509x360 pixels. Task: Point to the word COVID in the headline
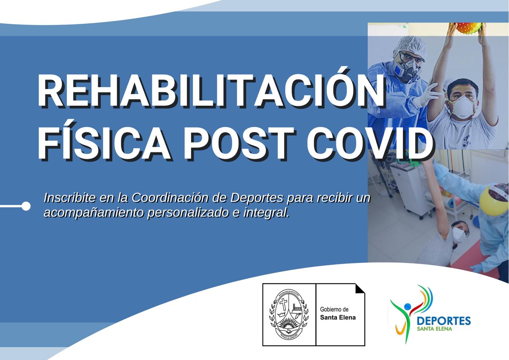(x=370, y=142)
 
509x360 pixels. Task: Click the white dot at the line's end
(x=26, y=206)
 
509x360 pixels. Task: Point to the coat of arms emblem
(x=289, y=314)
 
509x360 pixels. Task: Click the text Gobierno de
(x=334, y=309)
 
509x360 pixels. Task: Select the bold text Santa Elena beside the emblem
(x=338, y=317)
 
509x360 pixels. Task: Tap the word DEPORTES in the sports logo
(x=443, y=321)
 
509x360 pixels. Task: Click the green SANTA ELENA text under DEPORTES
(x=434, y=329)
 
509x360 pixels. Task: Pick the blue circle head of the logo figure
(x=407, y=307)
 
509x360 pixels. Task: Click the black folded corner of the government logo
(x=359, y=288)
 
